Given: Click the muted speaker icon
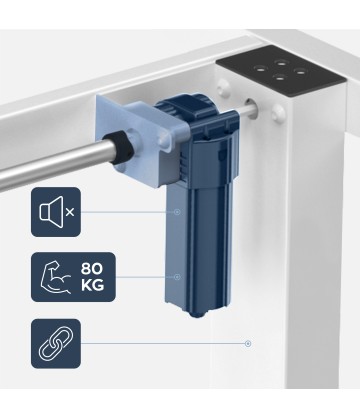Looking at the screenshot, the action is pos(51,212).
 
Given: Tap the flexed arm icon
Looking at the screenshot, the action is pos(56,277).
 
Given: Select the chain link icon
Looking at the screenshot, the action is pos(56,343).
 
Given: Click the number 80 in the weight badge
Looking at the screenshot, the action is pos(92,268).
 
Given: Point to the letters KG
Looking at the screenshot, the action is pos(92,285).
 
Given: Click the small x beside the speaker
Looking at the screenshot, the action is pos(70,212).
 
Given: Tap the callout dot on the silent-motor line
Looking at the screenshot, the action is pos(177,212).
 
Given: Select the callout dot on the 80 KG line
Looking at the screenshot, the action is pos(177,277).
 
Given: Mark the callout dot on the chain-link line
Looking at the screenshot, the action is pos(248,343).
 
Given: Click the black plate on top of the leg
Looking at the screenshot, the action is pos(280,72).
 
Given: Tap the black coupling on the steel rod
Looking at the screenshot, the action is pos(121,148).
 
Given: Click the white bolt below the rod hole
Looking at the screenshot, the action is pos(278,113).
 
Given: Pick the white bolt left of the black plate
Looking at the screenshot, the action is pos(223,89).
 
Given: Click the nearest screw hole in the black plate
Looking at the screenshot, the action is pos(279,78).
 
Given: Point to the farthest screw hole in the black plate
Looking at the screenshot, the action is pos(281,62).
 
